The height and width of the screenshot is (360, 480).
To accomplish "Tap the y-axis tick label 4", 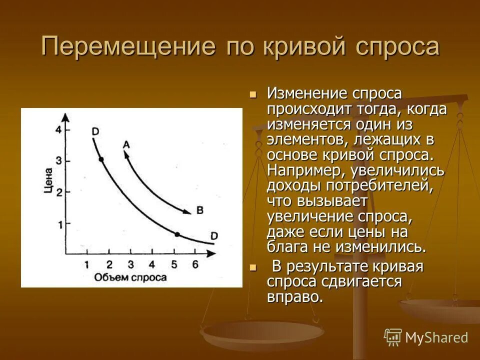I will pos(58,130).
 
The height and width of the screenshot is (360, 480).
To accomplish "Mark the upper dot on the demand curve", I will pos(101,159).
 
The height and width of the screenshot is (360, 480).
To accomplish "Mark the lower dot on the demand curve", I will pos(176,234).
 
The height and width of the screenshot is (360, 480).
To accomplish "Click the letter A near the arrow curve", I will pos(126,144).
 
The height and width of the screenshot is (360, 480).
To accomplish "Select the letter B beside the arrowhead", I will pos(199,210).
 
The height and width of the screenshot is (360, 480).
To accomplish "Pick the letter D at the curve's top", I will pos(95,131).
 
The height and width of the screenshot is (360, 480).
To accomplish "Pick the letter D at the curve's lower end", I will pos(214,235).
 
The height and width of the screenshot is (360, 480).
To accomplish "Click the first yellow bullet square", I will pos(252,94).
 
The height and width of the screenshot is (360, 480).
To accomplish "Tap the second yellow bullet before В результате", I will pos(252,267).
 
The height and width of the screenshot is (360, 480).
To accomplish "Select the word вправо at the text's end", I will pos(294,296).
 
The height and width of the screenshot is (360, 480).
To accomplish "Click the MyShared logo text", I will pos(436,337).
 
